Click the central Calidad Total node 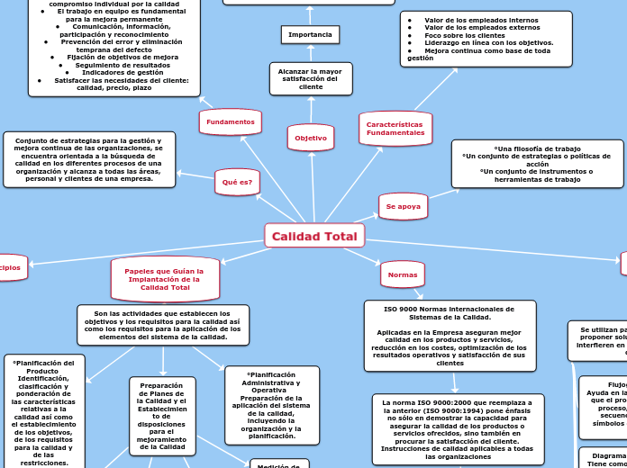point(314,236)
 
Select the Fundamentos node point(230,121)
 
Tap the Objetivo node point(311,138)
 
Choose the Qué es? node point(237,182)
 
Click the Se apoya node point(403,206)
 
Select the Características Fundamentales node point(395,129)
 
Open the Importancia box point(310,35)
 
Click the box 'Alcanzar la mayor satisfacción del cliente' point(311,78)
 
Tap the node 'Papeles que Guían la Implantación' point(164,279)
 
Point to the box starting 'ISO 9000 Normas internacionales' point(450,336)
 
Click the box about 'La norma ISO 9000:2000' point(458,429)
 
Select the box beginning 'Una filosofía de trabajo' point(537,164)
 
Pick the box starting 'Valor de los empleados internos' point(486,39)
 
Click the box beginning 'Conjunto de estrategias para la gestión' point(89,159)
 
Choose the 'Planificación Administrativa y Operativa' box point(271,405)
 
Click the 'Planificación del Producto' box point(44,411)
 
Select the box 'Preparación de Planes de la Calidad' point(162,416)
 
